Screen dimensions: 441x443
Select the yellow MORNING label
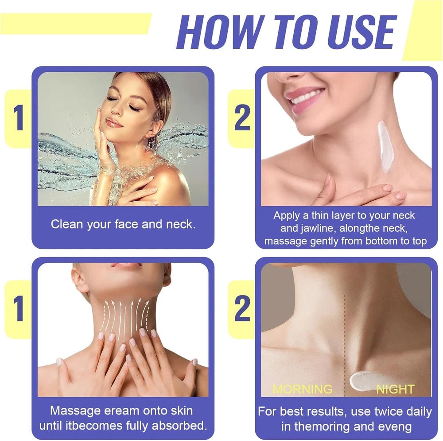(x=302, y=389)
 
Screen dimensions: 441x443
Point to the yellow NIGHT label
(x=395, y=389)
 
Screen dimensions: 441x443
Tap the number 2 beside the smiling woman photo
(x=242, y=118)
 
